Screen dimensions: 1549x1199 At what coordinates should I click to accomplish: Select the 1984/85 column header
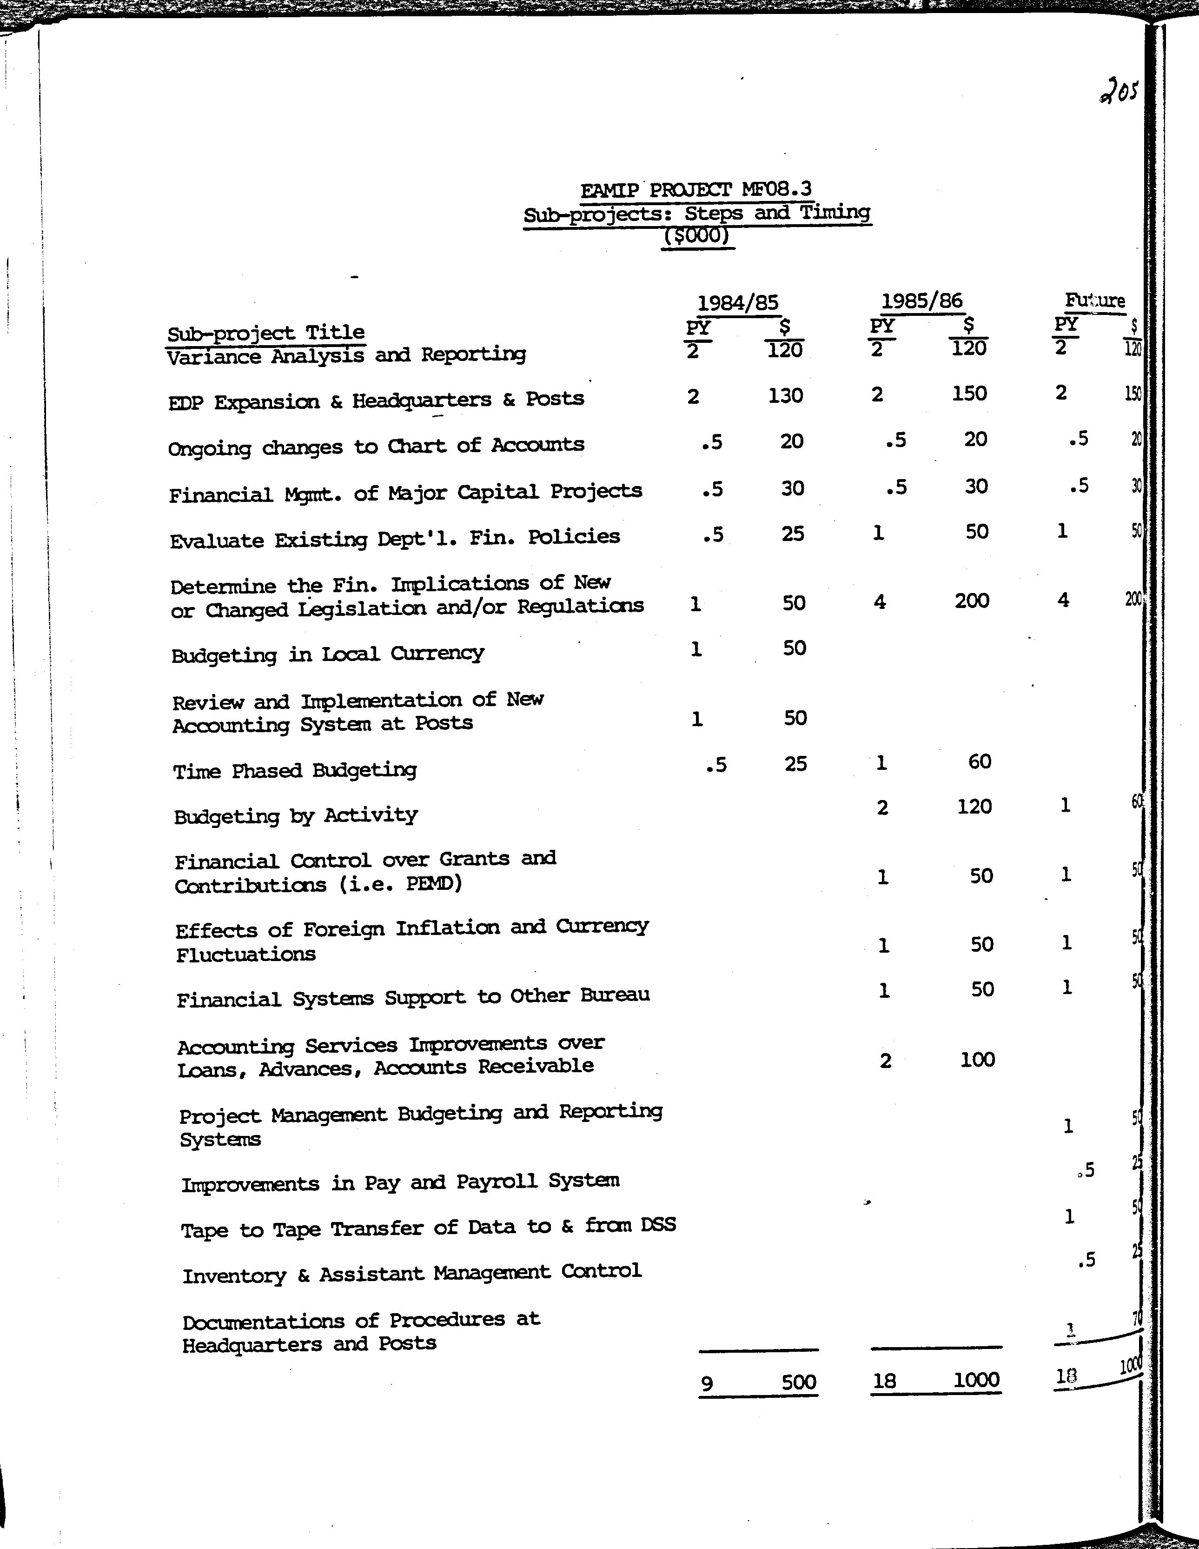738,303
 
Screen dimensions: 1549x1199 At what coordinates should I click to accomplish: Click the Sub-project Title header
266,333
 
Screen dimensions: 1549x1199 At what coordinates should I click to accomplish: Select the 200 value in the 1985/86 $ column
971,601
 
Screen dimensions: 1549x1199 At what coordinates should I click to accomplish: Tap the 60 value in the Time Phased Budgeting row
979,762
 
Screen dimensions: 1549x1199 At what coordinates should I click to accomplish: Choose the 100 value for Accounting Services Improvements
977,1060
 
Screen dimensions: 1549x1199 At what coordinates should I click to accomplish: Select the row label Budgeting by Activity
296,815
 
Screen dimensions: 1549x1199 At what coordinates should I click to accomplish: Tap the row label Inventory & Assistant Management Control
412,1273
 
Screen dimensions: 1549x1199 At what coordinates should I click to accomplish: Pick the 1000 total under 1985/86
976,1380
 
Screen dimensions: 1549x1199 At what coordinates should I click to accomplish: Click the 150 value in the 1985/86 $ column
969,394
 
